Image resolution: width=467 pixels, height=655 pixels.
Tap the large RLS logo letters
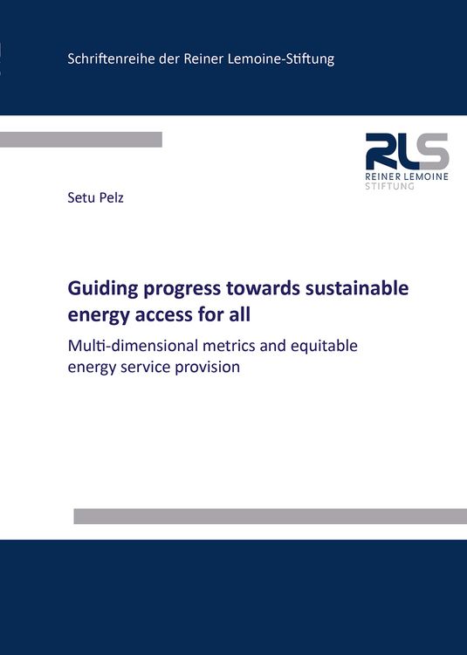coord(407,152)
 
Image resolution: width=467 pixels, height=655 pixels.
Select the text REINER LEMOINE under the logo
coord(407,177)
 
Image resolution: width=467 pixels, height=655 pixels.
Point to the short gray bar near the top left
coord(81,140)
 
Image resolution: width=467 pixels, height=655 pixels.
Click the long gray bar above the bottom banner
coord(270,516)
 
